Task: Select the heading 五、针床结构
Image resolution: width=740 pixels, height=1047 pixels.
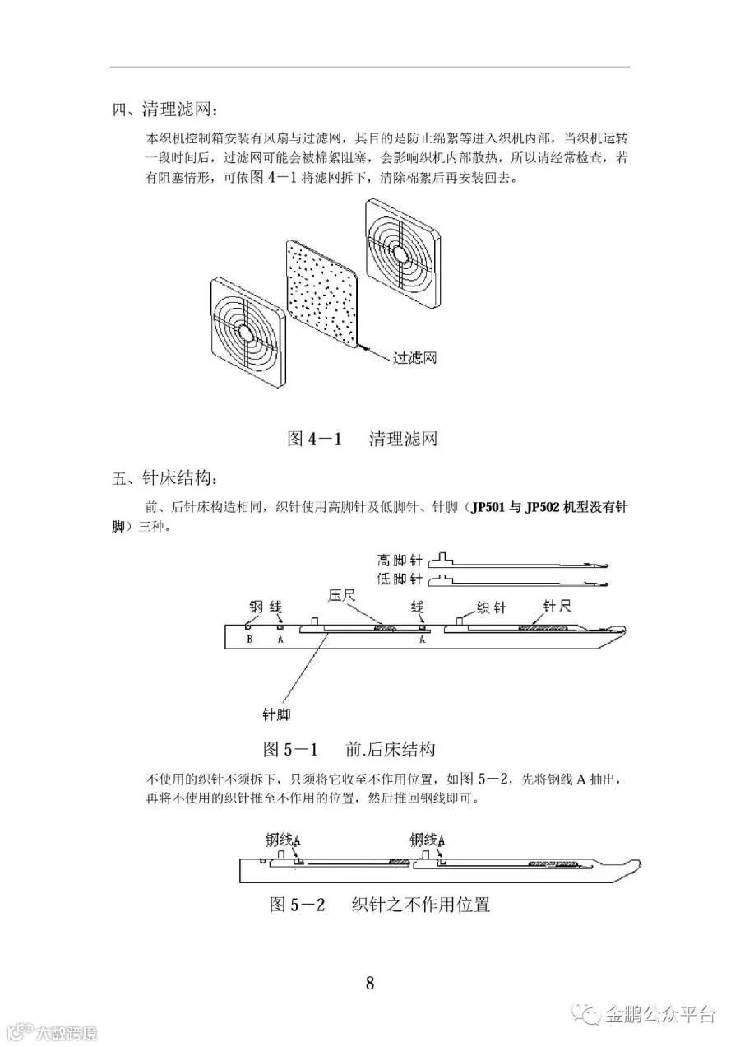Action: coord(166,478)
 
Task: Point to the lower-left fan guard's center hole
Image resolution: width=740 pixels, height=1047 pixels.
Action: coord(245,332)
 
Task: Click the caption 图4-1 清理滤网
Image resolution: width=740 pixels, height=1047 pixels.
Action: coord(362,439)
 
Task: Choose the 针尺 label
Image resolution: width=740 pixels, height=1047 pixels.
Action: coord(557,607)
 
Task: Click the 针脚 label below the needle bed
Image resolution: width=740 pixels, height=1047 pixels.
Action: coord(276,714)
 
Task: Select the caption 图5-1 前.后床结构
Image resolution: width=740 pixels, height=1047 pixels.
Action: coord(348,749)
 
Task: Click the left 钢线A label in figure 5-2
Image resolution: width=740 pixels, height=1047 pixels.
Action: coord(282,840)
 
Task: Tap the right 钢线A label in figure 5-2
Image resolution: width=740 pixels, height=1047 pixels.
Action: coord(428,840)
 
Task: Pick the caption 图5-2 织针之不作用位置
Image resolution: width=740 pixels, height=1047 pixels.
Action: coord(380,905)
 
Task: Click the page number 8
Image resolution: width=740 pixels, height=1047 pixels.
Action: coord(370,983)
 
